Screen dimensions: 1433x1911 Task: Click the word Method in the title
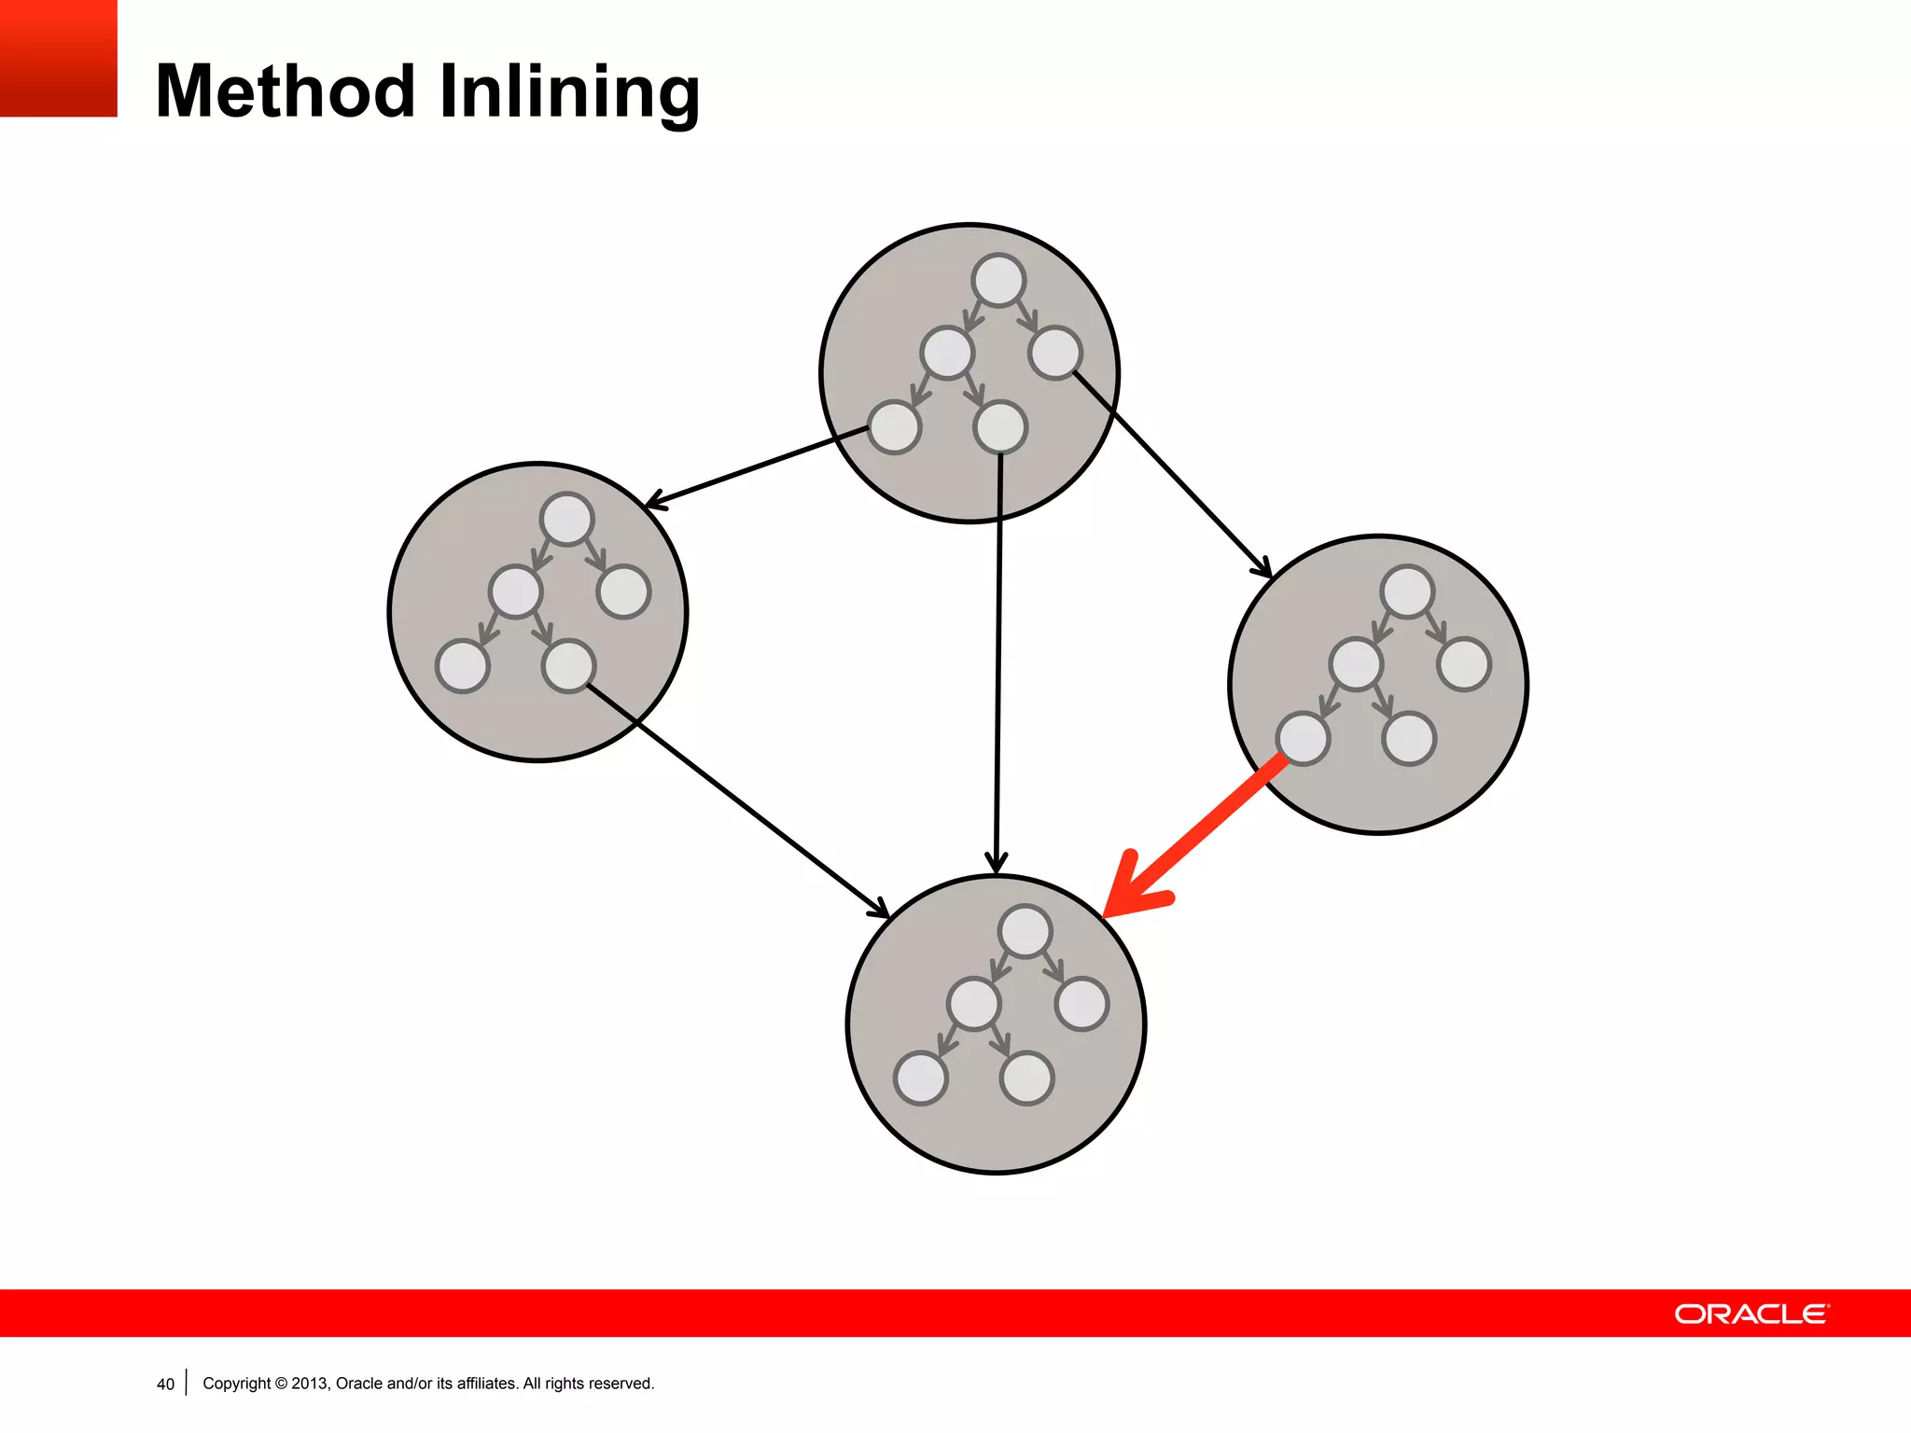click(x=285, y=91)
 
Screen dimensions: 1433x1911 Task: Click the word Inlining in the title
click(x=569, y=93)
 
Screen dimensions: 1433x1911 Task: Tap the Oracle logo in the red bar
click(x=1751, y=1314)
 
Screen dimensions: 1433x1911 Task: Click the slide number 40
click(x=165, y=1384)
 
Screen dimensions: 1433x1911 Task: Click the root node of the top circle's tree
click(x=998, y=280)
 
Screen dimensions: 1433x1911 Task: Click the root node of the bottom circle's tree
click(x=1025, y=931)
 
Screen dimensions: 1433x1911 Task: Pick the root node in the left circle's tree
click(x=566, y=519)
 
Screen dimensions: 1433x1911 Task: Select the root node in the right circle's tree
click(x=1407, y=591)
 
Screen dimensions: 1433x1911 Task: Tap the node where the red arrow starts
click(x=1303, y=739)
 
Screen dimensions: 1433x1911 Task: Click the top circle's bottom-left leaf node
click(x=894, y=427)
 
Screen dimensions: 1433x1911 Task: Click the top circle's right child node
click(x=1055, y=353)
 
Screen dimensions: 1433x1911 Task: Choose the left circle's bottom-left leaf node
click(x=463, y=666)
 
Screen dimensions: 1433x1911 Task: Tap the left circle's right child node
click(x=623, y=591)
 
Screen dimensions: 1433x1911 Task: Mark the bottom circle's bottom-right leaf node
click(x=1026, y=1078)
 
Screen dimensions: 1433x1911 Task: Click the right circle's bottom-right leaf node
click(x=1409, y=739)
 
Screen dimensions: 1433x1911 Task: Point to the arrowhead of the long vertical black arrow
click(x=997, y=864)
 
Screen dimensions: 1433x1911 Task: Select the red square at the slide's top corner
click(x=58, y=58)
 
